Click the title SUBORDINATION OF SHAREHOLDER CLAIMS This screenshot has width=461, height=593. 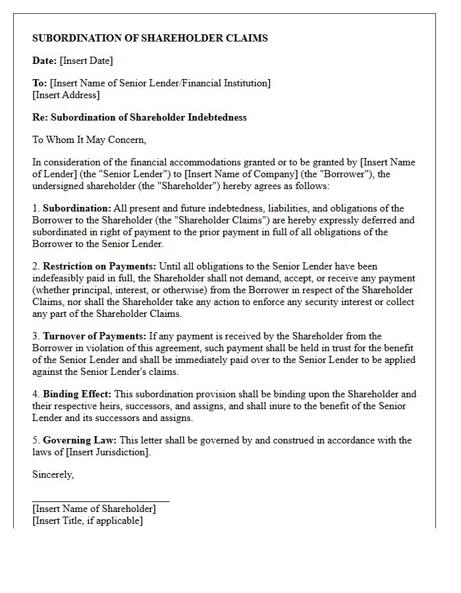tap(149, 38)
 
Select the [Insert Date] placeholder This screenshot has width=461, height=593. tap(86, 61)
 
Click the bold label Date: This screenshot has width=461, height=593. tap(44, 61)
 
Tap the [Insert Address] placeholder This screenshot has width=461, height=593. tap(66, 95)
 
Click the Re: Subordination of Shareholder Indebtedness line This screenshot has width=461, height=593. tap(139, 117)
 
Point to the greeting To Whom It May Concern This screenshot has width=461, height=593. tap(89, 140)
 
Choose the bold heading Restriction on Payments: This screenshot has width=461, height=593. tap(99, 266)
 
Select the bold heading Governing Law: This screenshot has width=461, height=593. tap(80, 440)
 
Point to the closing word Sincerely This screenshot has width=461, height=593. tap(53, 474)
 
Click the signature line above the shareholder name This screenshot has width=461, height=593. tap(100, 501)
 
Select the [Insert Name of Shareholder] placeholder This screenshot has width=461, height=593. tap(94, 509)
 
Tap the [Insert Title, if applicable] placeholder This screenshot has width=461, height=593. tap(87, 521)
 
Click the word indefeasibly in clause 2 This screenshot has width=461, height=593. tap(59, 278)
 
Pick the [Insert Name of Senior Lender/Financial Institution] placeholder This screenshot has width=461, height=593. tap(160, 83)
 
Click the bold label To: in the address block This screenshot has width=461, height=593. tap(40, 83)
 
